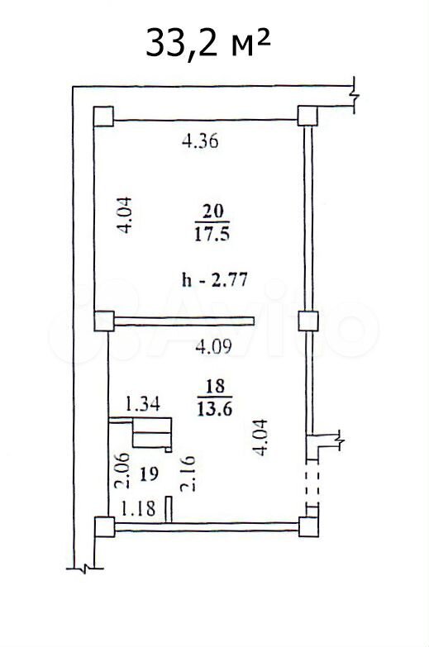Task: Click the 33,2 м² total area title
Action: point(207,43)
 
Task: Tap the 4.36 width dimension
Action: point(200,141)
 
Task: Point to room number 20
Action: point(212,212)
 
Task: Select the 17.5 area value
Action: point(212,235)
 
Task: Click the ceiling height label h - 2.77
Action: point(215,280)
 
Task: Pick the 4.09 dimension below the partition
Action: point(213,346)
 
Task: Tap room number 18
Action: point(215,386)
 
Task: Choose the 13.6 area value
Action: point(215,409)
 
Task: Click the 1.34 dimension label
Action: point(142,403)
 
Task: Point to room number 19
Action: point(149,473)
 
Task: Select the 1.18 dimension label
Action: point(138,508)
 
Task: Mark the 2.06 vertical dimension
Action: point(122,471)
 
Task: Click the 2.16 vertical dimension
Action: point(188,473)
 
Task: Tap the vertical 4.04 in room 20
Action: point(124,216)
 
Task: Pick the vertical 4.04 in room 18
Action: point(261,437)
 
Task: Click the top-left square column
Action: point(103,116)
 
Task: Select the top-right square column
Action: point(307,116)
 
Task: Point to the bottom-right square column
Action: point(308,526)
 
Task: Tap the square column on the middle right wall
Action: point(308,321)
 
